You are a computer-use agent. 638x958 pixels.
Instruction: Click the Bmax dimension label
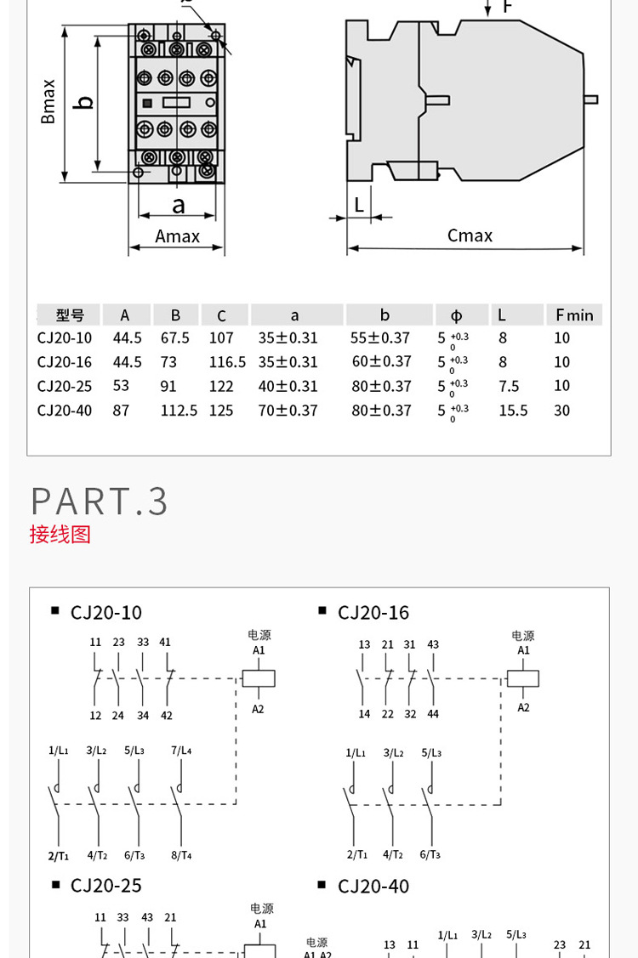[x=48, y=102]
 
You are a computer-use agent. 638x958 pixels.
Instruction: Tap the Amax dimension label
[x=177, y=236]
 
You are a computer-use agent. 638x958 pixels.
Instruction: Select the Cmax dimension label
[x=470, y=235]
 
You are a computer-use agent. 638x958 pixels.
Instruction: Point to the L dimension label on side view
[x=359, y=205]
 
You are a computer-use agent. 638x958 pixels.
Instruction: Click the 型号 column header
[x=70, y=315]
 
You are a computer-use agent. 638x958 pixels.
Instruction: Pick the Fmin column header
[x=574, y=315]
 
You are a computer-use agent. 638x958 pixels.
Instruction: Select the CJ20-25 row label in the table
[x=65, y=386]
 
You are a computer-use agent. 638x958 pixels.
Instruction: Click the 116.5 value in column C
[x=227, y=362]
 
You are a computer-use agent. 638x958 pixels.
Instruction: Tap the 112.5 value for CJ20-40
[x=179, y=411]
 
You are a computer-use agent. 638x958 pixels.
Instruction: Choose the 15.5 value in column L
[x=513, y=411]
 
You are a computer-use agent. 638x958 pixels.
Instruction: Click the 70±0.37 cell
[x=288, y=411]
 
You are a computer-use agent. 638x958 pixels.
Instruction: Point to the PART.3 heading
[x=100, y=502]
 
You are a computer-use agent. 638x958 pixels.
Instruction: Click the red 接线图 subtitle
[x=60, y=535]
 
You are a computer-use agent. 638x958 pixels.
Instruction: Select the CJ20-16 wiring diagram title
[x=373, y=613]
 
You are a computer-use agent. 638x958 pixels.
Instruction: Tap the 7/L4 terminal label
[x=181, y=751]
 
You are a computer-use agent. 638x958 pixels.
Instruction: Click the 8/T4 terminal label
[x=181, y=855]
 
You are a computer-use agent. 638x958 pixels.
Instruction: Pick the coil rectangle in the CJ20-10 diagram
[x=259, y=678]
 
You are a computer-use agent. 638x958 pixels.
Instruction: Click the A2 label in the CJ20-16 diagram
[x=524, y=707]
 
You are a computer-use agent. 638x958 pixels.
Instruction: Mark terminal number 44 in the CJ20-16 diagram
[x=434, y=714]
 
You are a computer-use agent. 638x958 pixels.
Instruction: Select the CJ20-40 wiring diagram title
[x=373, y=887]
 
